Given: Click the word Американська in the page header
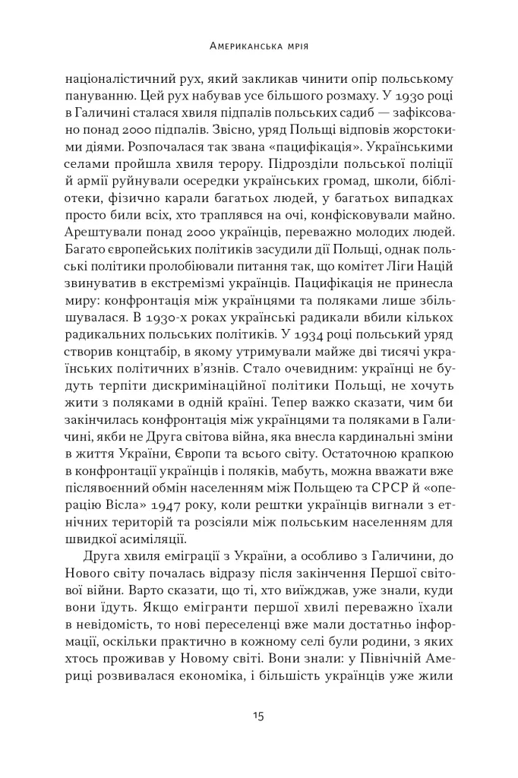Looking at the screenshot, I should click(x=242, y=46).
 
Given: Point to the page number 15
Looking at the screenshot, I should click(x=258, y=716).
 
